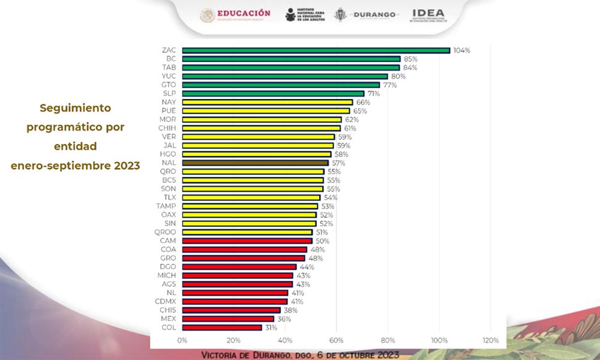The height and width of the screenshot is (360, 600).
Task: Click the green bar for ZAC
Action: pos(316,50)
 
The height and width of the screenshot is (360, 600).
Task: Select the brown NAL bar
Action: pos(255,163)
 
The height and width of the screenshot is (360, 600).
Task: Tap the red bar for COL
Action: pos(221,328)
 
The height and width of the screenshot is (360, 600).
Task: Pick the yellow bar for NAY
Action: pos(267,102)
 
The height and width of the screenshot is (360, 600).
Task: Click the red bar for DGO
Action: pos(239,267)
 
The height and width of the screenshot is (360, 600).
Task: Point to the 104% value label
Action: pos(461,50)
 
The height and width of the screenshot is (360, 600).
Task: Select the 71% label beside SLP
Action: pos(374,94)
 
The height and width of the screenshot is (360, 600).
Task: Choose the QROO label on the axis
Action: pos(165,232)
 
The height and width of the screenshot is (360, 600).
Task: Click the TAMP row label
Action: pos(166,206)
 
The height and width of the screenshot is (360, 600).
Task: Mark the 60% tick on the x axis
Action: pos(336,340)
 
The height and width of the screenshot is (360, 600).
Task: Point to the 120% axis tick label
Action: pos(490,340)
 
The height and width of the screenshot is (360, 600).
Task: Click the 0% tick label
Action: pos(182,340)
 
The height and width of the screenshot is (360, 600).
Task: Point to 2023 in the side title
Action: pos(127,166)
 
